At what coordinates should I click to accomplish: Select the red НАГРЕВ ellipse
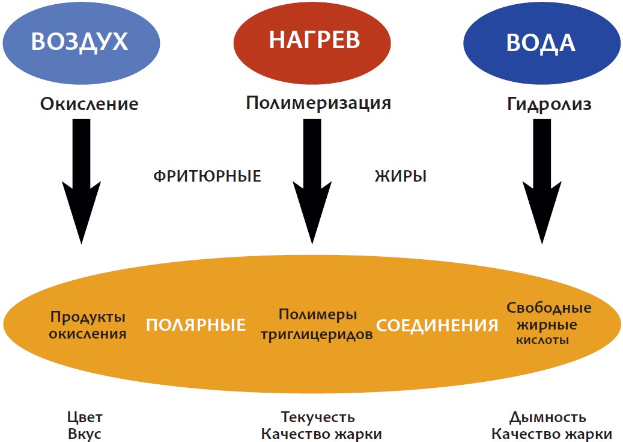[x=314, y=40]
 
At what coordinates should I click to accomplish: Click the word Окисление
[x=89, y=104]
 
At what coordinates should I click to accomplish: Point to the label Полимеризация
[x=318, y=103]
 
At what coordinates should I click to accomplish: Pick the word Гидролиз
[x=549, y=104]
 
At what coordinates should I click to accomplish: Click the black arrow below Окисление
[x=82, y=180]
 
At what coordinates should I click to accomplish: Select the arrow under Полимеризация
[x=312, y=180]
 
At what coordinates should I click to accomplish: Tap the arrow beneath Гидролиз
[x=542, y=180]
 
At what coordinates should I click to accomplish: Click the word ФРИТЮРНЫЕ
[x=207, y=177]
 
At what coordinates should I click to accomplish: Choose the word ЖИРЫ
[x=401, y=177]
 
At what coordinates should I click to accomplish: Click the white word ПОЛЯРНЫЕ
[x=196, y=325]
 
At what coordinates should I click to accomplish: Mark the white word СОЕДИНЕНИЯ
[x=437, y=325]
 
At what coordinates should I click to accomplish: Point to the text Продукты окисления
[x=88, y=325]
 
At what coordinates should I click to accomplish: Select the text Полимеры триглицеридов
[x=317, y=325]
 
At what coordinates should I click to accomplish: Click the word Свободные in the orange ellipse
[x=549, y=308]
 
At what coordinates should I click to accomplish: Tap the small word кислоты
[x=542, y=340]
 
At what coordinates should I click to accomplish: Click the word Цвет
[x=85, y=417]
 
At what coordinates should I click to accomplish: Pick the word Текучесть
[x=318, y=417]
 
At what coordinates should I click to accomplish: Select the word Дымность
[x=548, y=417]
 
